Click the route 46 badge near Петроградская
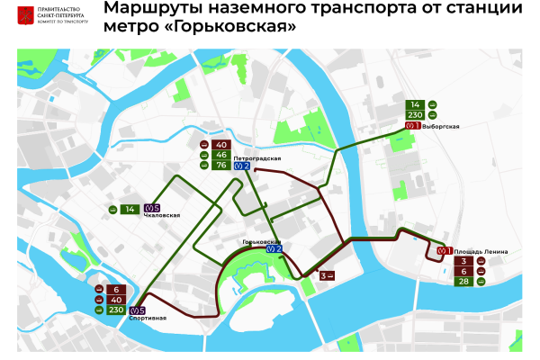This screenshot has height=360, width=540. point(221,155)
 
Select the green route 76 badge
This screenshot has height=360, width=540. point(221,165)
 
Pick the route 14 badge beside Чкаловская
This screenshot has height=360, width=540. point(130,210)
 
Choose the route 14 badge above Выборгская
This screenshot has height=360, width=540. point(416,104)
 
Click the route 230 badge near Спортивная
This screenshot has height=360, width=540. point(115,310)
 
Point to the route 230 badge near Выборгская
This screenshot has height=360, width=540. point(416,115)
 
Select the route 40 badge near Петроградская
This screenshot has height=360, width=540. point(221,144)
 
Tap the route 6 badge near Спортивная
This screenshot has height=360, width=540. point(115,289)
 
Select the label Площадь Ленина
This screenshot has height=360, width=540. point(475,250)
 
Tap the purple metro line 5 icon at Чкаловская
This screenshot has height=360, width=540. point(151,209)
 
